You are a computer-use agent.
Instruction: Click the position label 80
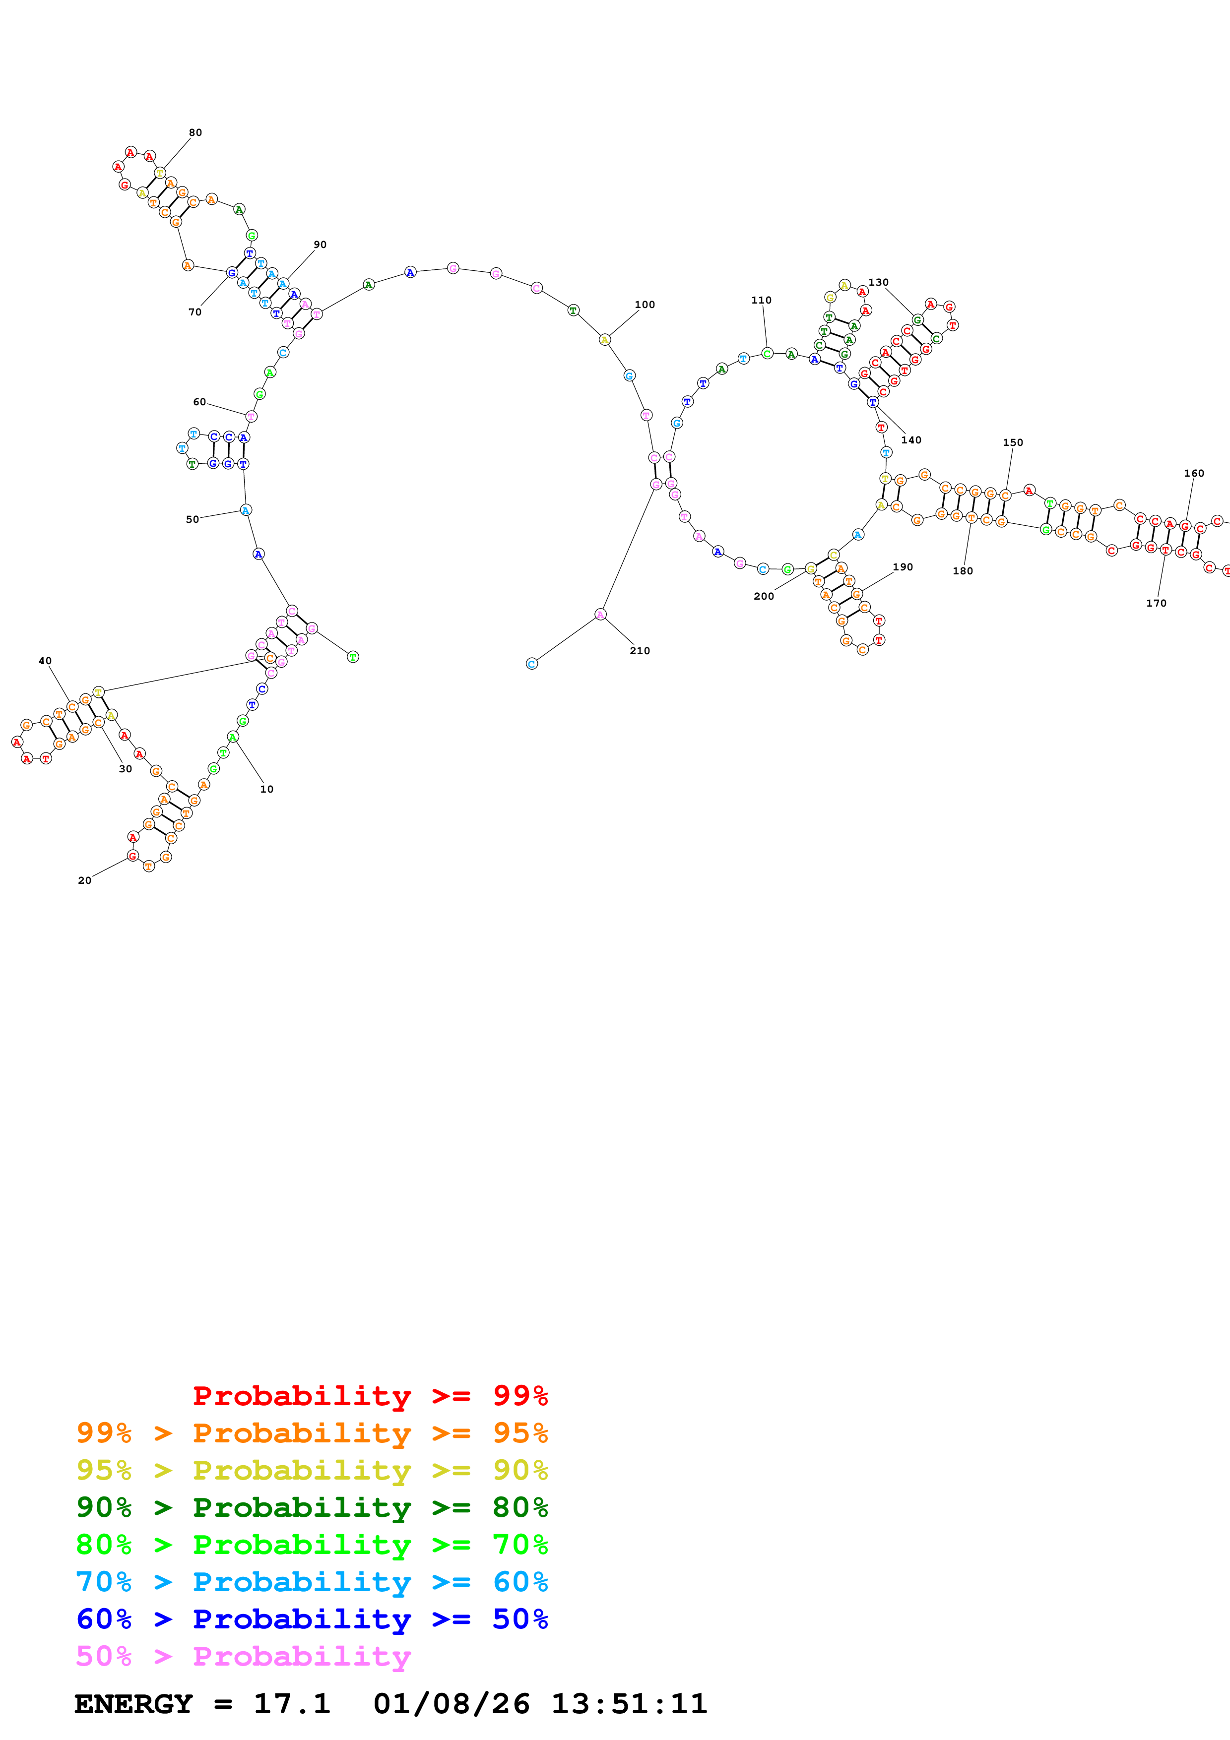pyautogui.click(x=195, y=132)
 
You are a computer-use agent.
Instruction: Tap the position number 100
pyautogui.click(x=645, y=305)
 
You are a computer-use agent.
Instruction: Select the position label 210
pyautogui.click(x=640, y=651)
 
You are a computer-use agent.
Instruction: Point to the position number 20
pyautogui.click(x=85, y=880)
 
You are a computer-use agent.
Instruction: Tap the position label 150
pyautogui.click(x=1013, y=442)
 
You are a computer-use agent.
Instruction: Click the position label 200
pyautogui.click(x=764, y=596)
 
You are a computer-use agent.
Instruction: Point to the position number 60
pyautogui.click(x=199, y=402)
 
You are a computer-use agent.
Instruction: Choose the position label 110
pyautogui.click(x=762, y=300)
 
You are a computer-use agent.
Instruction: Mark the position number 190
pyautogui.click(x=903, y=567)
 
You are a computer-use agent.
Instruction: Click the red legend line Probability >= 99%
pyautogui.click(x=370, y=1396)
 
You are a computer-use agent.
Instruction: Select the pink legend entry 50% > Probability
pyautogui.click(x=243, y=1657)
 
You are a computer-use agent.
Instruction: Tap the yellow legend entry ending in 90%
pyautogui.click(x=312, y=1470)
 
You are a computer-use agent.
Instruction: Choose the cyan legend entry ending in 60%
pyautogui.click(x=312, y=1582)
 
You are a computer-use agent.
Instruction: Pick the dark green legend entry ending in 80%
pyautogui.click(x=312, y=1507)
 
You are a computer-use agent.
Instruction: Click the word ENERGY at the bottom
pyautogui.click(x=133, y=1704)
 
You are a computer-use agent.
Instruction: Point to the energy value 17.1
pyautogui.click(x=292, y=1704)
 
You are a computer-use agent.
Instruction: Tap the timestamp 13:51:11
pyautogui.click(x=629, y=1704)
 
